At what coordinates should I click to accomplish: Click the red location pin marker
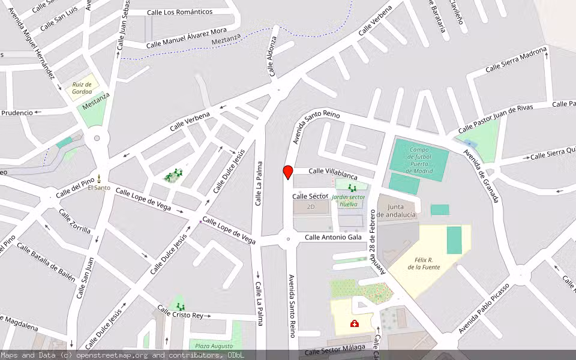287,172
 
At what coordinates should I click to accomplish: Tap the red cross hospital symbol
355,324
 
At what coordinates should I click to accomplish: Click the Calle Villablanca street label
333,172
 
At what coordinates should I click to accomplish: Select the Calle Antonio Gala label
333,238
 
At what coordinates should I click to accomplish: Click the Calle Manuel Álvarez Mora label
187,37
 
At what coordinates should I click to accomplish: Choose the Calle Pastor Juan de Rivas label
496,119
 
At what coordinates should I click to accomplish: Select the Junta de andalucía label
397,211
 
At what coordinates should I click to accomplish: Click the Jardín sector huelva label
349,200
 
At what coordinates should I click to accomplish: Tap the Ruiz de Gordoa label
82,88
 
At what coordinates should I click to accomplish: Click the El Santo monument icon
98,179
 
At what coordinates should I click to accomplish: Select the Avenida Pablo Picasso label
484,308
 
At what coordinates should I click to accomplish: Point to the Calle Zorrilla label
75,221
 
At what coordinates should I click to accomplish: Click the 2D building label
310,207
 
